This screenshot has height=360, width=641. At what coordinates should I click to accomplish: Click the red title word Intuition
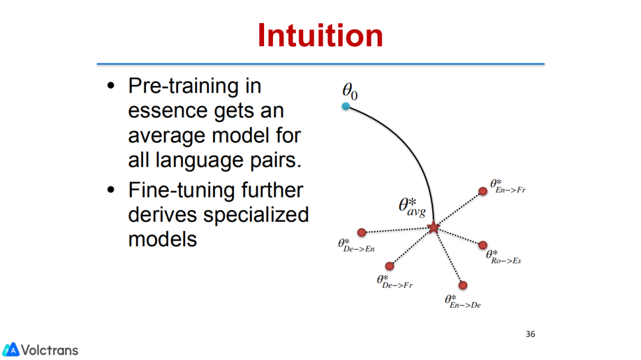tap(320, 36)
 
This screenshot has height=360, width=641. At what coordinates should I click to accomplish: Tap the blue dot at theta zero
tap(346, 106)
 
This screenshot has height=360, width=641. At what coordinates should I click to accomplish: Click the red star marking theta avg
tap(433, 227)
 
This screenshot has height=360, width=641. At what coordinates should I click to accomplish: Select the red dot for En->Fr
tap(483, 191)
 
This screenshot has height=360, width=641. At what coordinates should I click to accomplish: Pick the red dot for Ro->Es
tap(483, 245)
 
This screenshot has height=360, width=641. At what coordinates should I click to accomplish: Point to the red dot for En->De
tap(463, 285)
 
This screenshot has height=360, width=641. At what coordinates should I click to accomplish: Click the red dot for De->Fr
tap(389, 266)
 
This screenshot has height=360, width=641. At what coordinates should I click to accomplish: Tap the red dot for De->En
tap(362, 232)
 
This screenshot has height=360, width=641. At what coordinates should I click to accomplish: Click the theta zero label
tap(350, 91)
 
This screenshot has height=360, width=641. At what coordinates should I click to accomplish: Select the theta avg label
tap(412, 207)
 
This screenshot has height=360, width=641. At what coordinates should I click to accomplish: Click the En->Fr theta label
tap(507, 186)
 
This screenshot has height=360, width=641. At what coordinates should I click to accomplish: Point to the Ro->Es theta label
tap(503, 257)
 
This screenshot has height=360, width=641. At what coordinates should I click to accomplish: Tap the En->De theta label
tap(463, 301)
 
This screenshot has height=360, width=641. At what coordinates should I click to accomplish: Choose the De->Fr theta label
tap(395, 282)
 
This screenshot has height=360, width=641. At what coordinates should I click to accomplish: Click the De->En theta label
tap(356, 246)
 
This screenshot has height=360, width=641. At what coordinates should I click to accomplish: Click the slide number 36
tap(530, 334)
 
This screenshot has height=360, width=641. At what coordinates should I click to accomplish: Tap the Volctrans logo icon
tap(11, 350)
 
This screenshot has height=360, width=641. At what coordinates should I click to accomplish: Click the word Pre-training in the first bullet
tap(195, 86)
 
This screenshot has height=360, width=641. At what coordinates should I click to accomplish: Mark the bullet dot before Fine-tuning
tap(111, 190)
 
